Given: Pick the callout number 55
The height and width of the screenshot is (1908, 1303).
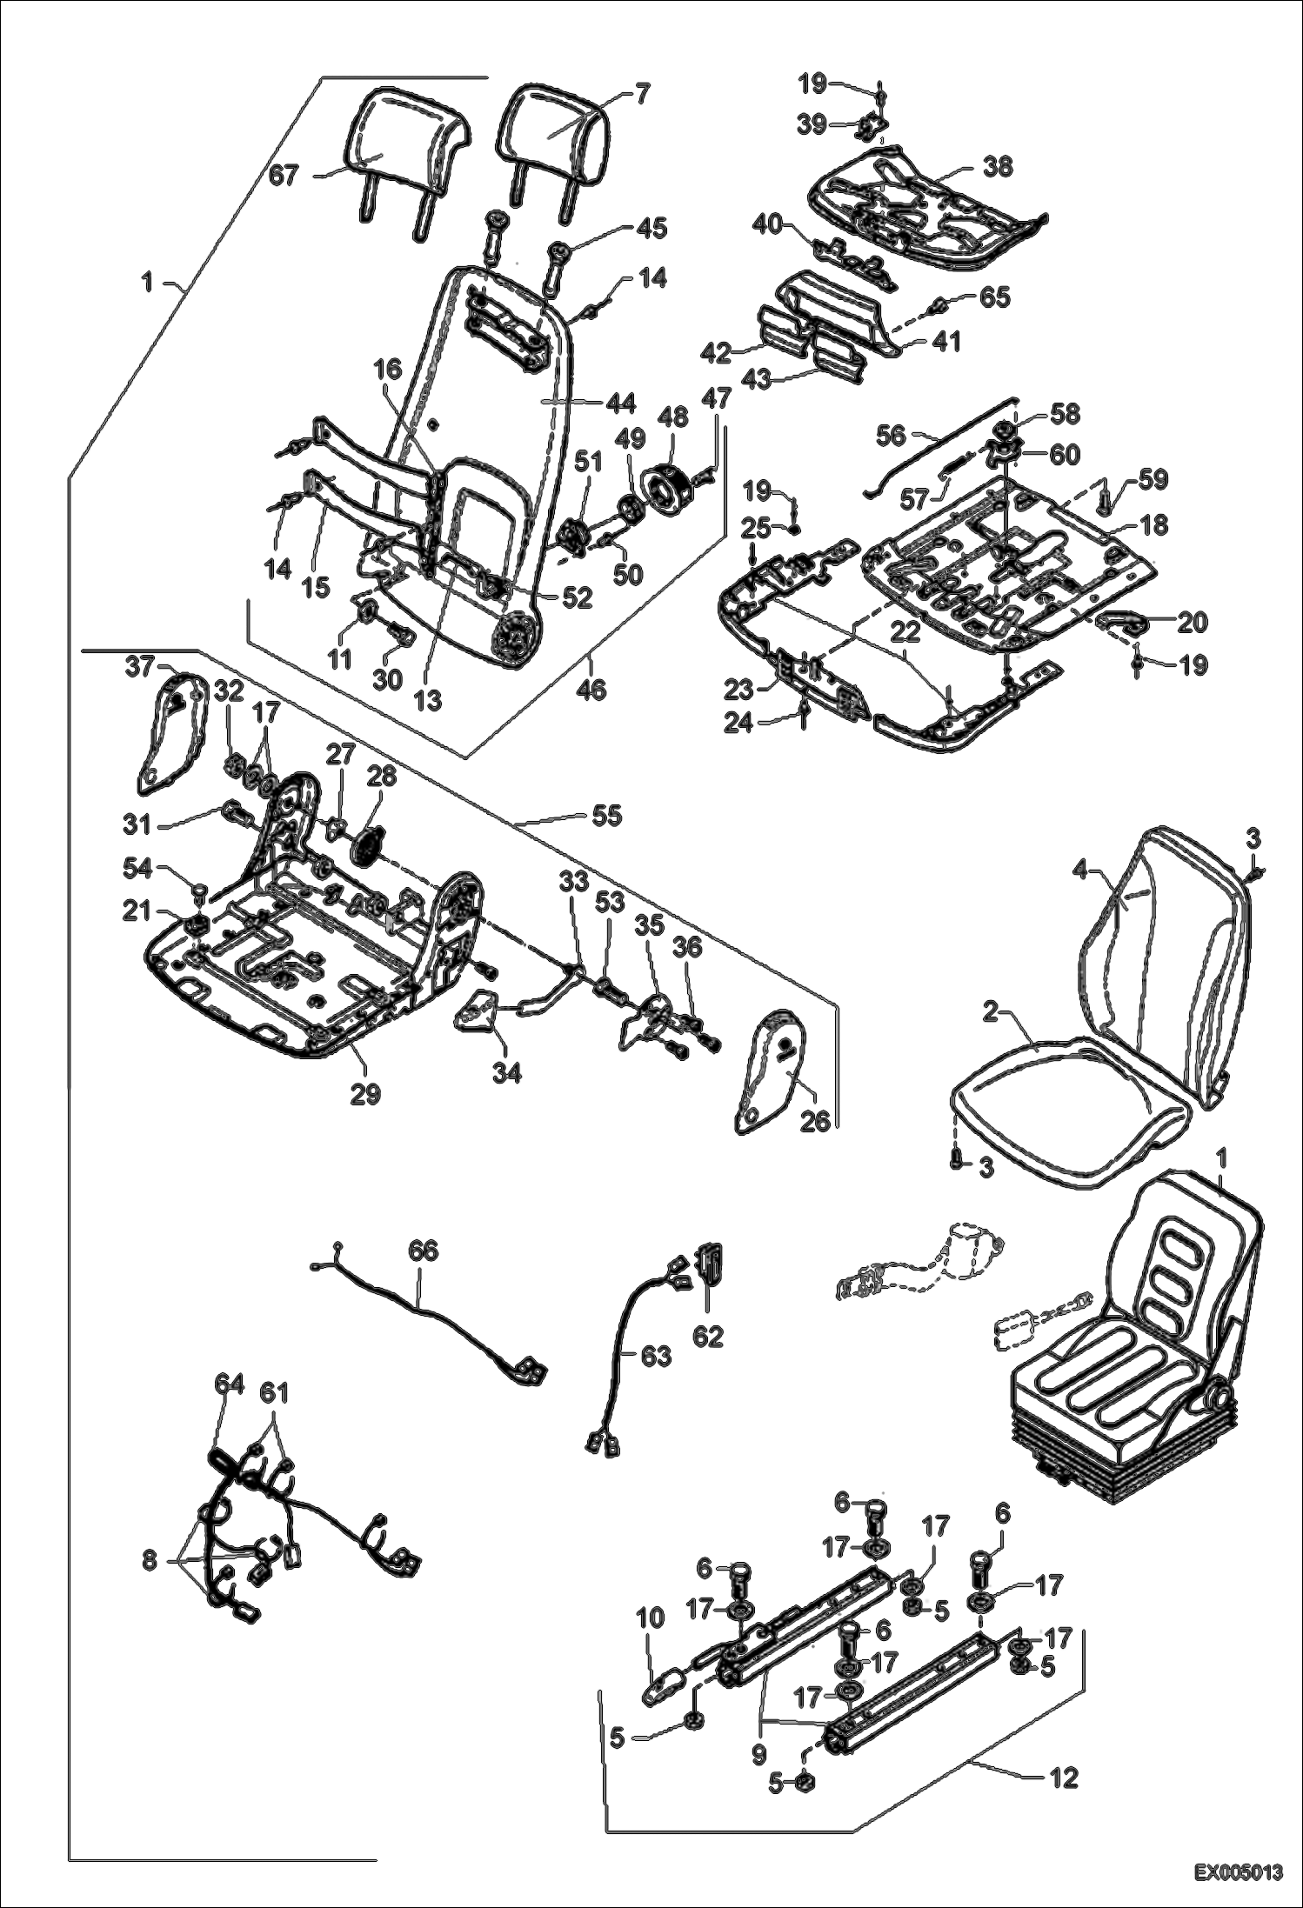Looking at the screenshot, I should click(x=606, y=817).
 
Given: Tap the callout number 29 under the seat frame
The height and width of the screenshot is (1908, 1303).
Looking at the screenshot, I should click(x=365, y=1093).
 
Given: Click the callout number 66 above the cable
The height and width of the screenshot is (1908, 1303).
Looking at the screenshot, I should click(x=423, y=1251).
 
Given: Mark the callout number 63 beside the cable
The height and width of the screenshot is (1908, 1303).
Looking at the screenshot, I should click(x=656, y=1355).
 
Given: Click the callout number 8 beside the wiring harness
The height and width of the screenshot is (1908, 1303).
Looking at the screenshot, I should click(x=150, y=1560).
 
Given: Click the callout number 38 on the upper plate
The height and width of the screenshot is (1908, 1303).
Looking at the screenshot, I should click(x=998, y=166).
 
